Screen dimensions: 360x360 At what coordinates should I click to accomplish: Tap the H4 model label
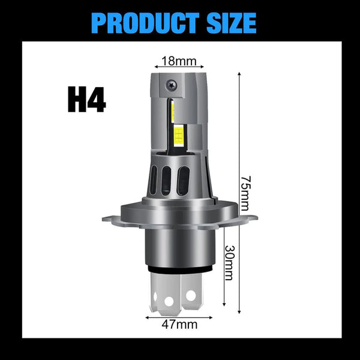click(x=86, y=100)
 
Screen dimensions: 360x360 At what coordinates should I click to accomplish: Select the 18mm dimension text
click(x=179, y=60)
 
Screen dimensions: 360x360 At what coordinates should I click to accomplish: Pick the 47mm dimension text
click(x=179, y=325)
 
